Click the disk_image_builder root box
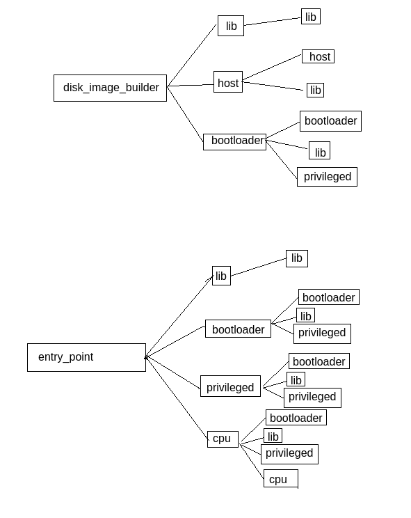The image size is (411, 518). tap(110, 88)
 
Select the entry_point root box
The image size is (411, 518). tap(86, 357)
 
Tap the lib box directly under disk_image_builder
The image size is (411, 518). tap(230, 26)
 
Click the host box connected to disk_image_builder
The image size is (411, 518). tap(227, 82)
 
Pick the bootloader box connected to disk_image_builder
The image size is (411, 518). tap(234, 141)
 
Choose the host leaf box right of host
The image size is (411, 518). tap(318, 56)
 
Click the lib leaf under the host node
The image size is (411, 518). tap(315, 90)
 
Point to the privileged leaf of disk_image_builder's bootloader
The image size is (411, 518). tap(327, 177)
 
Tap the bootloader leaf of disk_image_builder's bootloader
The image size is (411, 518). tap(330, 121)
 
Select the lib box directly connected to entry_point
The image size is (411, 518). tap(221, 276)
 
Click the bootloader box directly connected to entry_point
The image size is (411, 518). tap(238, 329)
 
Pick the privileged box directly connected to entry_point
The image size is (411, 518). tap(230, 386)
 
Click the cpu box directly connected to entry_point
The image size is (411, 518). tap(223, 439)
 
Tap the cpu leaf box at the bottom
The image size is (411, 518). tap(280, 479)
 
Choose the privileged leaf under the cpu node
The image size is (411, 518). tap(289, 454)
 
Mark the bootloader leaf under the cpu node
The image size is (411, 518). tap(296, 418)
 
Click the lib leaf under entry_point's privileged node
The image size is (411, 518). tap(296, 379)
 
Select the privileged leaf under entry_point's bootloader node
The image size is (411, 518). tap(322, 333)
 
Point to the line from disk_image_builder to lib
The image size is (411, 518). tap(191, 56)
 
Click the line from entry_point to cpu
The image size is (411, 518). tap(177, 398)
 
